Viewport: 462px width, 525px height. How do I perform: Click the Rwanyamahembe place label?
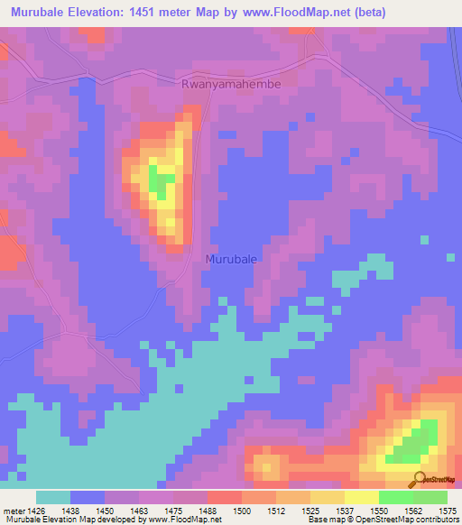(231, 83)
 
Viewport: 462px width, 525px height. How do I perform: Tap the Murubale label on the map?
(231, 258)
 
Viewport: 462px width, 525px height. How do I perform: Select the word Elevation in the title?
(101, 13)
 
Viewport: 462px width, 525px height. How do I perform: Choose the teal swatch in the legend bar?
(53, 497)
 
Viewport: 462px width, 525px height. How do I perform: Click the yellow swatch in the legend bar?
(361, 497)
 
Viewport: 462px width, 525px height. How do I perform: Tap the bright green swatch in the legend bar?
(395, 497)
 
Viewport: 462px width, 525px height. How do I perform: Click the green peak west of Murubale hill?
(161, 180)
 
